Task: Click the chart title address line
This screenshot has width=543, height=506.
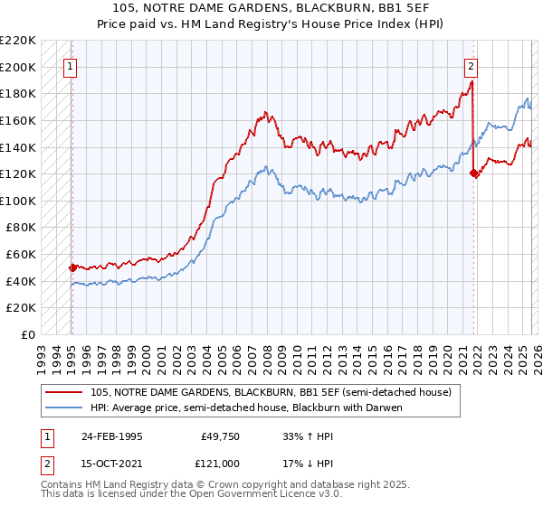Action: (271, 8)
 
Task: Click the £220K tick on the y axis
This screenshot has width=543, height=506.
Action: (19, 41)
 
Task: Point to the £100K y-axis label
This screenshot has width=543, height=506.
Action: (19, 201)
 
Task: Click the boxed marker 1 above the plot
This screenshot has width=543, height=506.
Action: (71, 65)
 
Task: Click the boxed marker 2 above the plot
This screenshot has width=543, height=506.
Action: (472, 65)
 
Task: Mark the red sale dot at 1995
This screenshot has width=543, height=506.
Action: (72, 267)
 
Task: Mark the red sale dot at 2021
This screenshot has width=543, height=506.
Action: (473, 173)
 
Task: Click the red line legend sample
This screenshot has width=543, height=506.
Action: (64, 392)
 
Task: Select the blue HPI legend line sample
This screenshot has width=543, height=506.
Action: (64, 408)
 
